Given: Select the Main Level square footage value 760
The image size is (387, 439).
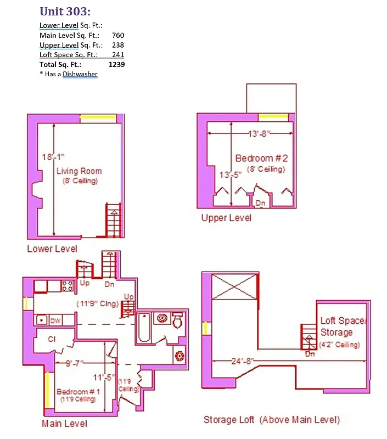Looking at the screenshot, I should [x=117, y=35].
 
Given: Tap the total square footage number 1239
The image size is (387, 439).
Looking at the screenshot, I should [x=116, y=64].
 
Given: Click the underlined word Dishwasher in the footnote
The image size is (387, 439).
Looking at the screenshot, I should [x=80, y=74].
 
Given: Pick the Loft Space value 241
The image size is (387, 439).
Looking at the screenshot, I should [x=117, y=54].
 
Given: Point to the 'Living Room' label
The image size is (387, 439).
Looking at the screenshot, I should [x=79, y=171].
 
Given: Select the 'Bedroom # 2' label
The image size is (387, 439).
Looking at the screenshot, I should [x=261, y=159].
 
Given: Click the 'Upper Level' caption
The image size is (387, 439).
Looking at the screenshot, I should [x=226, y=218].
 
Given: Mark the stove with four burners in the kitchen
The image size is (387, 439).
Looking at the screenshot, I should [x=67, y=286].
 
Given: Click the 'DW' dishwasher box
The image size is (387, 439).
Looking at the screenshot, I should [x=55, y=320].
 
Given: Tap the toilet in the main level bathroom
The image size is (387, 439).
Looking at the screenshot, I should [x=177, y=320].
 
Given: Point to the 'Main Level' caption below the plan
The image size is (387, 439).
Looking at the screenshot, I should [x=64, y=424].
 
